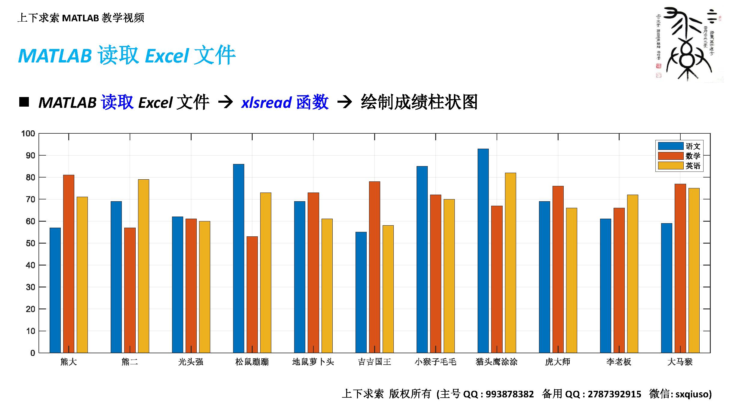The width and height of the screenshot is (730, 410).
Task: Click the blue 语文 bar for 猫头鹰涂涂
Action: [483, 251]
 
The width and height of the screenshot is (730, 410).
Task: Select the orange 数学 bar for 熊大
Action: [69, 264]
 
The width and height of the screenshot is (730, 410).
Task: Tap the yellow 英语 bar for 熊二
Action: [143, 266]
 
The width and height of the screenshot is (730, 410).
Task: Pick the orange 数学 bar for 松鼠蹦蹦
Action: [252, 294]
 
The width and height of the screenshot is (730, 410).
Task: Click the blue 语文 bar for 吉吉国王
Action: [361, 292]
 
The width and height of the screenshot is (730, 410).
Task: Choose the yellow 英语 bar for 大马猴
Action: [694, 270]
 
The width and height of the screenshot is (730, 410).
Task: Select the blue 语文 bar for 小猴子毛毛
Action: [422, 259]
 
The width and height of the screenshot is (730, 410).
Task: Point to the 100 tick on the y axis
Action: [28, 134]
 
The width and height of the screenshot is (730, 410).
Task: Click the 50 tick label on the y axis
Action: [30, 243]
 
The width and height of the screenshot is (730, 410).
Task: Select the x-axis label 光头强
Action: [191, 362]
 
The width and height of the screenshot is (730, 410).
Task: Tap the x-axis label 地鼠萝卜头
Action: [313, 362]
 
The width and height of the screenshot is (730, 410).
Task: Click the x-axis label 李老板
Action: [619, 362]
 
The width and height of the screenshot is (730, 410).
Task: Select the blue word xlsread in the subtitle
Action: [266, 102]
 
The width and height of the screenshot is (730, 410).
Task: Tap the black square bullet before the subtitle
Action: [24, 102]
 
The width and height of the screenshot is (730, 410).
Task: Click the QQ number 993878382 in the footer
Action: [510, 394]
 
